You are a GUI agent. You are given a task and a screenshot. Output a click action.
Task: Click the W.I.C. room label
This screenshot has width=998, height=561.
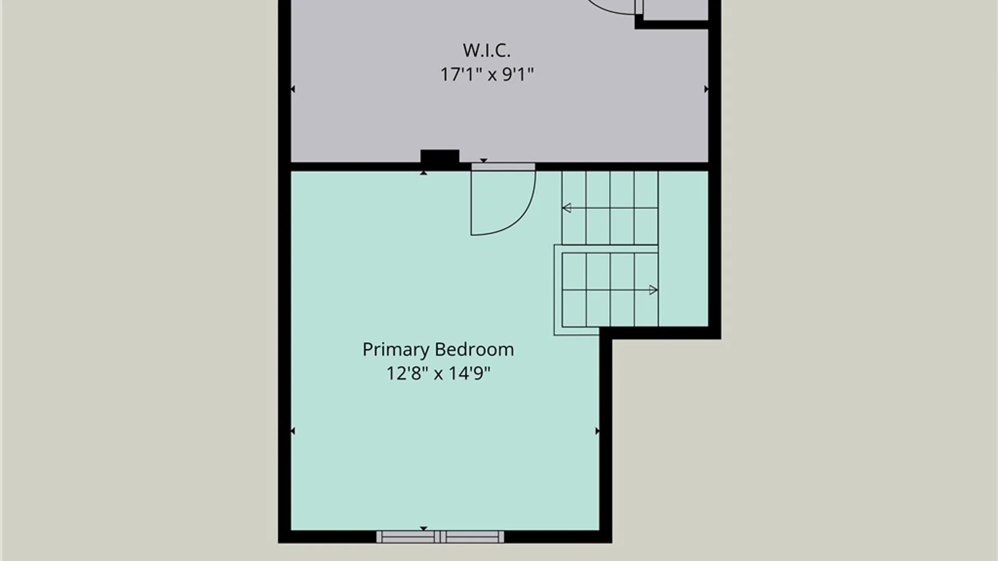(487, 50)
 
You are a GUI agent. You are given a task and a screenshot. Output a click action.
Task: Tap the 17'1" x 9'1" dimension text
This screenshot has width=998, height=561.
(487, 74)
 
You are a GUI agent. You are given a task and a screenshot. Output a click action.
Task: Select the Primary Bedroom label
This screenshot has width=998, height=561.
(438, 350)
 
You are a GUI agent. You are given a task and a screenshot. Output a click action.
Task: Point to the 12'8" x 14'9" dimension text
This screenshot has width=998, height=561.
(438, 373)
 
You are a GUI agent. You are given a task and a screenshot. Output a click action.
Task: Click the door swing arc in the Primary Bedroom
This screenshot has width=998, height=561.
(525, 213)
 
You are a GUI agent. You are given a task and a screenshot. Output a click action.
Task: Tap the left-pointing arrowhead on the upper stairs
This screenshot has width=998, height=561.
(567, 208)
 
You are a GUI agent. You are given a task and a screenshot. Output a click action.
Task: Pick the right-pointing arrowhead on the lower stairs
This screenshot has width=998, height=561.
(654, 290)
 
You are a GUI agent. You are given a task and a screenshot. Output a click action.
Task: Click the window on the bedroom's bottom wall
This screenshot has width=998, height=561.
(440, 537)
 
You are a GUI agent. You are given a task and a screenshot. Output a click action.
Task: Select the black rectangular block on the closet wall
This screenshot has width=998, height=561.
(440, 157)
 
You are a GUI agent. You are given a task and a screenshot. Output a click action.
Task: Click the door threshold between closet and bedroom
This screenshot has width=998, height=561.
(503, 167)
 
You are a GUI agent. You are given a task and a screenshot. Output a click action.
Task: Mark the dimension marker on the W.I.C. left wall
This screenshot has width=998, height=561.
(293, 89)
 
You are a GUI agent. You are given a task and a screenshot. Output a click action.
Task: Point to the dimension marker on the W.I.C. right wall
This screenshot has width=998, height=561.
(706, 89)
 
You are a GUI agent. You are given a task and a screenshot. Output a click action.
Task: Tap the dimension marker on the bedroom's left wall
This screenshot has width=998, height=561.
(293, 431)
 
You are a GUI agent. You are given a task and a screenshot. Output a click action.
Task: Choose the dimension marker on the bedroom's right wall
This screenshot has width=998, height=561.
(597, 431)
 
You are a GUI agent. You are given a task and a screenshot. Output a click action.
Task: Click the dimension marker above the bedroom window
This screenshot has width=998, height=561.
(424, 528)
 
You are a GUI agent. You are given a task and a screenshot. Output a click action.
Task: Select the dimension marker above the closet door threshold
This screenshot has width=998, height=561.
(483, 161)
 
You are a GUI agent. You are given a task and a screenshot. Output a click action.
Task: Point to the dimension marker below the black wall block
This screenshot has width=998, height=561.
(424, 172)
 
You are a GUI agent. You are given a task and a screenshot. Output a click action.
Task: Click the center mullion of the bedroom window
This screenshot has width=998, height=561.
(440, 537)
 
